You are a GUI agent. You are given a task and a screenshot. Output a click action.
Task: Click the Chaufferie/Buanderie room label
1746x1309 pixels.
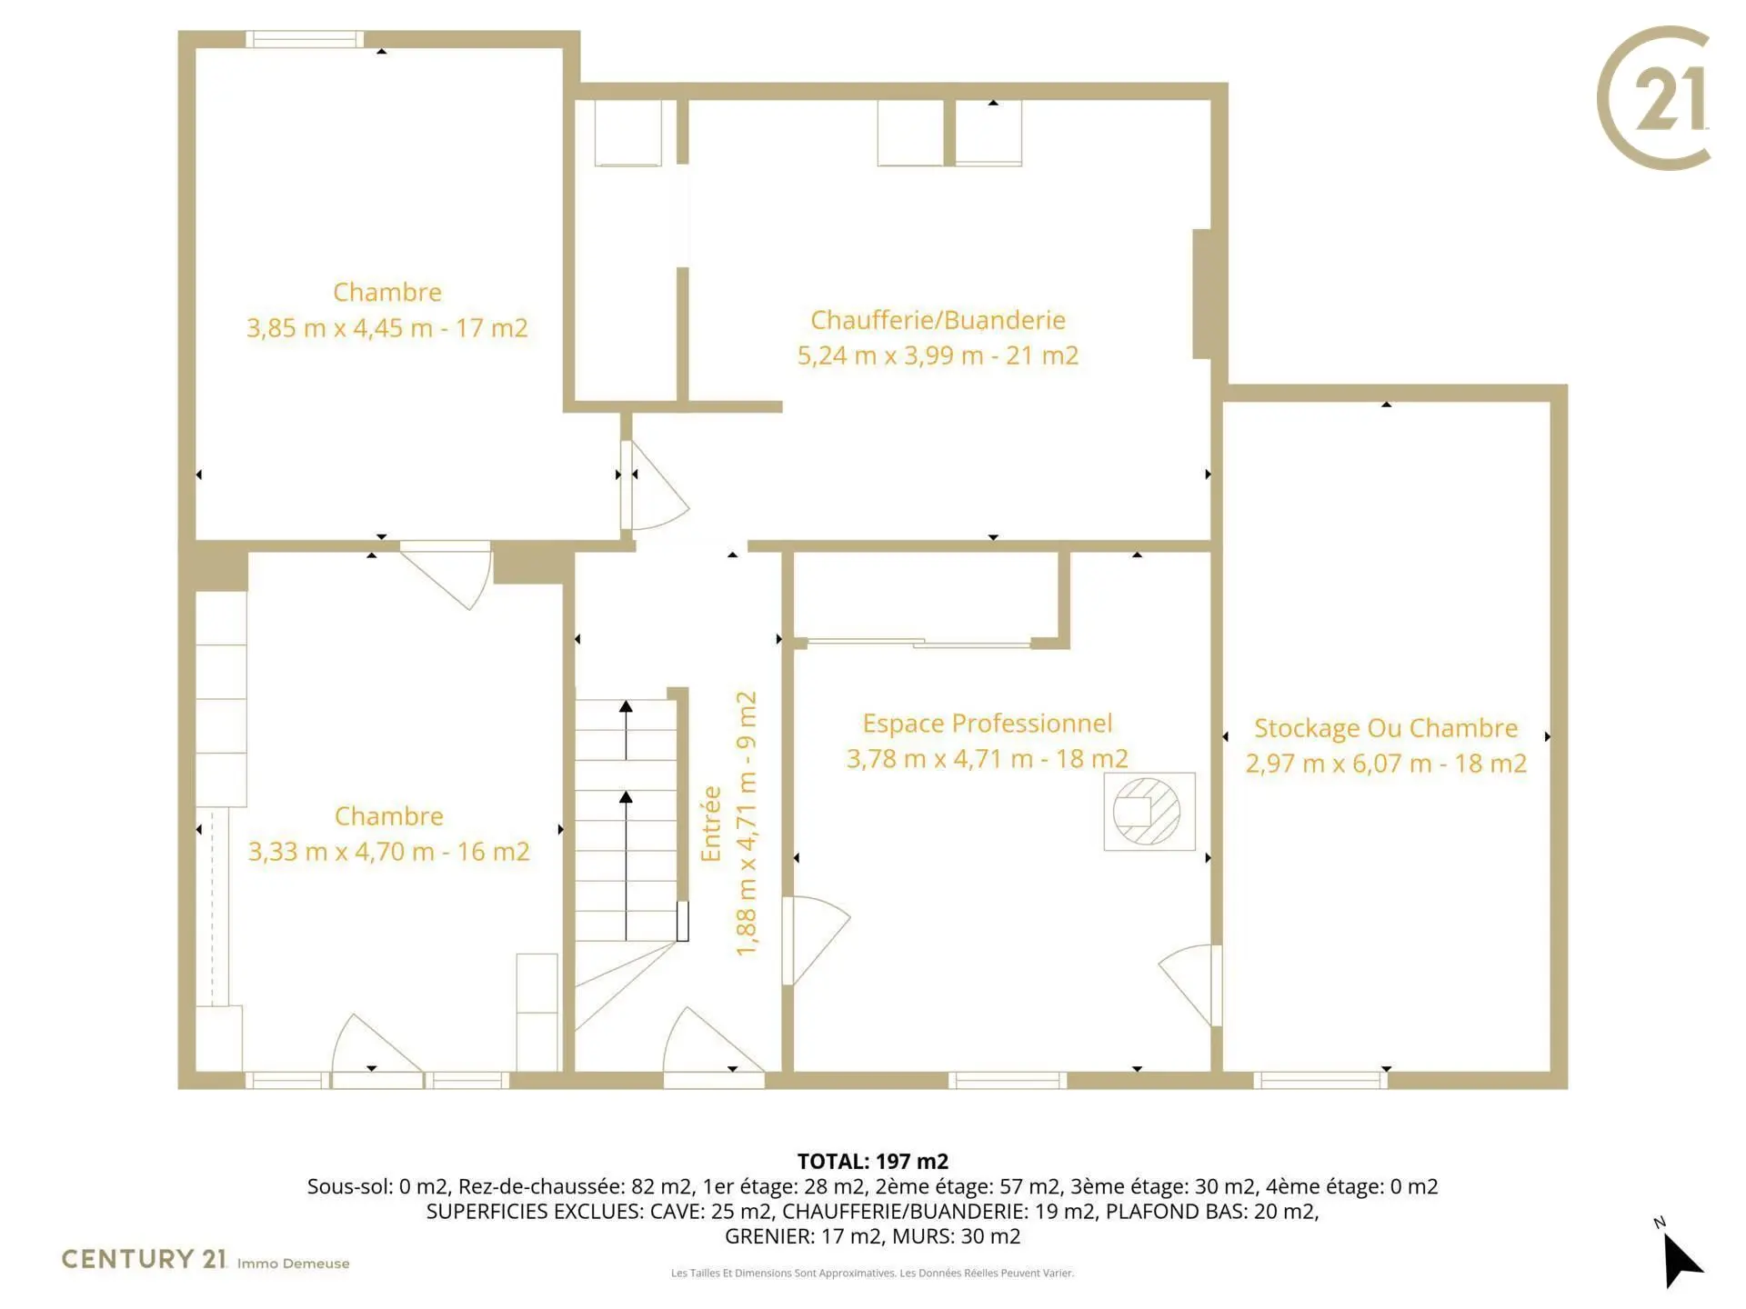[x=938, y=320]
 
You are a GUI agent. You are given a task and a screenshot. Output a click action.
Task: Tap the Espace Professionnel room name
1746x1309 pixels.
[x=988, y=724]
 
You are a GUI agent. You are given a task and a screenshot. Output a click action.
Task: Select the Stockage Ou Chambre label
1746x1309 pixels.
[x=1386, y=728]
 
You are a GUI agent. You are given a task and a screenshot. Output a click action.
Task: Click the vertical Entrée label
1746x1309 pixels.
[x=711, y=824]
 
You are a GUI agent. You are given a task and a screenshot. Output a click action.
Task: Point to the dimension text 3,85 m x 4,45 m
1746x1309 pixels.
[x=339, y=328]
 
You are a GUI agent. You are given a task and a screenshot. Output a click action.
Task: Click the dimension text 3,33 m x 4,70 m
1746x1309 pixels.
[x=341, y=852]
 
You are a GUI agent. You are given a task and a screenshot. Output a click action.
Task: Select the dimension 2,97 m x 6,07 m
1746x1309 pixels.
[x=1339, y=764]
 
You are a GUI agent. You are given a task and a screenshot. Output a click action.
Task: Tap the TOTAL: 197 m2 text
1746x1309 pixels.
[x=873, y=1162]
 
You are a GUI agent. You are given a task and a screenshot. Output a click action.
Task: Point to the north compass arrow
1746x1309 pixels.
[x=1681, y=1259]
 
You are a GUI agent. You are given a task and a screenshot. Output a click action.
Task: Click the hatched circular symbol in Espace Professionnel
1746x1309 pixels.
[x=1147, y=812]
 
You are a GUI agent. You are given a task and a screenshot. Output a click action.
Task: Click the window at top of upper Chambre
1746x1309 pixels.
[x=305, y=39]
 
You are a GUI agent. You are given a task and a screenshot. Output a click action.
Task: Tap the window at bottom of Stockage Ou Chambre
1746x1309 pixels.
[x=1320, y=1080]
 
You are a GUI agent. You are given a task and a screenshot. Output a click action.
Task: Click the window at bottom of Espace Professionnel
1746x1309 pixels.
[x=1008, y=1080]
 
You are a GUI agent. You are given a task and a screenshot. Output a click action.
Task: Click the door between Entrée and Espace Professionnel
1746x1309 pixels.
[x=814, y=940]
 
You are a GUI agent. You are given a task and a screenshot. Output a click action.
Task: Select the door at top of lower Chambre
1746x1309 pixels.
[x=447, y=573]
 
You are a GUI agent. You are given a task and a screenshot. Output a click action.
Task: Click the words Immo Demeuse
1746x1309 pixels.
[x=294, y=1264]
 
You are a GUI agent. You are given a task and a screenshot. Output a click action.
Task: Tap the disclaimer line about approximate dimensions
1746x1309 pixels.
[x=873, y=1273]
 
